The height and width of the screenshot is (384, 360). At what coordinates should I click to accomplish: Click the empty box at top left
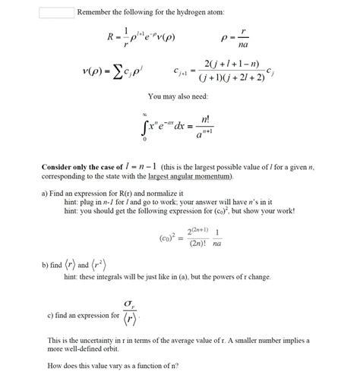(56, 13)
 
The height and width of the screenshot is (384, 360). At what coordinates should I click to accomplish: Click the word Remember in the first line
(97, 13)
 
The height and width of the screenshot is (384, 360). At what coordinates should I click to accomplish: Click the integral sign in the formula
(147, 124)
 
